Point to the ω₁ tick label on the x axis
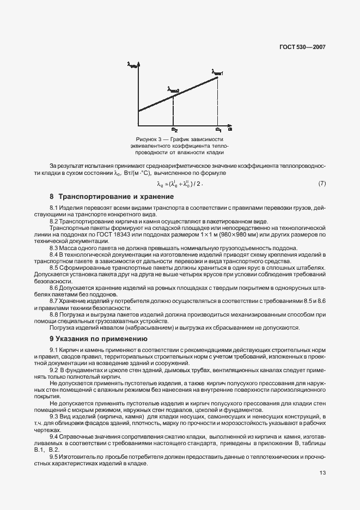pos(218,129)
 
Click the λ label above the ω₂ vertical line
pos(173,89)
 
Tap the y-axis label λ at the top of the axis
pos(132,65)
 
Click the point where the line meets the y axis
pos(139,111)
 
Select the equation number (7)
pos(321,183)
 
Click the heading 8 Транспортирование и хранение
pos(112,196)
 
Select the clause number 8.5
pos(54,268)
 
